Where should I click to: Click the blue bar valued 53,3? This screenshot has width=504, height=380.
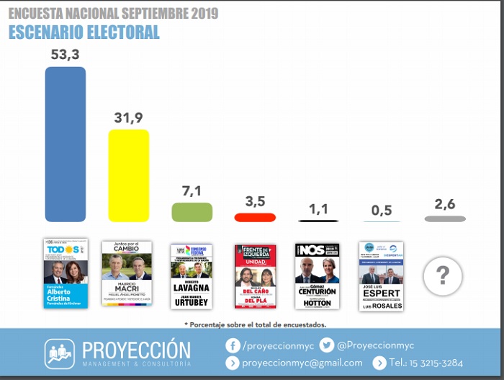pyautogui.click(x=66, y=144)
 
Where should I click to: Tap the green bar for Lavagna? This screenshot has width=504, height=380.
pyautogui.click(x=192, y=212)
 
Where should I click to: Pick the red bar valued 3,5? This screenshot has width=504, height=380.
pyautogui.click(x=255, y=217)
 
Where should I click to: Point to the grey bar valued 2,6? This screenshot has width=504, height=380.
pyautogui.click(x=445, y=218)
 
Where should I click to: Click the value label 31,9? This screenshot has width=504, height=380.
pyautogui.click(x=128, y=118)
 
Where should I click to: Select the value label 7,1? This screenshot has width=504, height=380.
pyautogui.click(x=192, y=191)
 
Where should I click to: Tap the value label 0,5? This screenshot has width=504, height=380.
pyautogui.click(x=382, y=210)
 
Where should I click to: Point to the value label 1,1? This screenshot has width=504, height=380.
pyautogui.click(x=318, y=209)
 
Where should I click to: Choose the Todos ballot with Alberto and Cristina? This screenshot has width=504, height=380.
pyautogui.click(x=66, y=273)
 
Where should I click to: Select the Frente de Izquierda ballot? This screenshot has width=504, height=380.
pyautogui.click(x=255, y=276)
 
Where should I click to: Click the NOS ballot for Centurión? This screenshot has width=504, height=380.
pyautogui.click(x=317, y=275)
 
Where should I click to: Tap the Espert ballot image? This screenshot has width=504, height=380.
pyautogui.click(x=381, y=276)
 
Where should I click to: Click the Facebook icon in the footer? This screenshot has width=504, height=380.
pyautogui.click(x=233, y=345)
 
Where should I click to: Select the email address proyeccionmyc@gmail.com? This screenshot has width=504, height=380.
pyautogui.click(x=302, y=363)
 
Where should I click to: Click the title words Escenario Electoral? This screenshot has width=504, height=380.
pyautogui.click(x=84, y=32)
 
